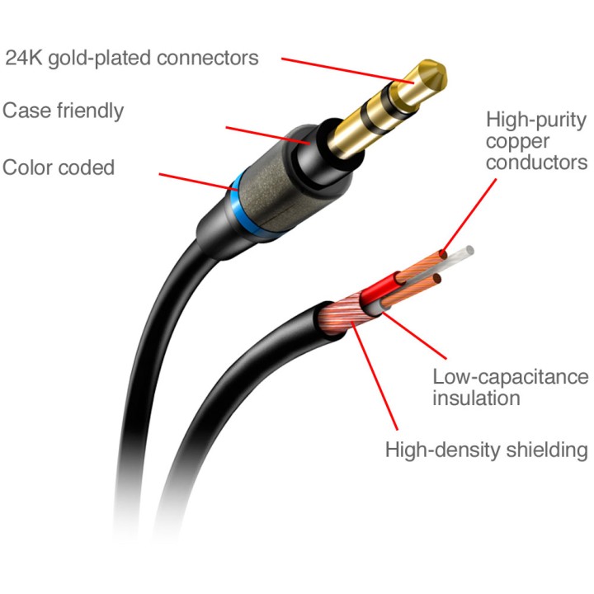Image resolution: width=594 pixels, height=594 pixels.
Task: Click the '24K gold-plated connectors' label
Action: pos(131,59)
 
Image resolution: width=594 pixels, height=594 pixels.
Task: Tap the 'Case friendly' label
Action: pos(63,111)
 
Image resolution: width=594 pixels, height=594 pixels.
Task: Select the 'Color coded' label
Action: pos(59,167)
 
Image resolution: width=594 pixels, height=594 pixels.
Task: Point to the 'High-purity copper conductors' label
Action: pos(536,141)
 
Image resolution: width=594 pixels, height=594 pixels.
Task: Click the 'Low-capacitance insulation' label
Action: pos(511,387)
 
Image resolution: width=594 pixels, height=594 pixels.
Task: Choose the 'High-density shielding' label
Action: pos(487,450)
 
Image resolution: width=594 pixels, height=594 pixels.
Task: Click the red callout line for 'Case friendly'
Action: pos(268,135)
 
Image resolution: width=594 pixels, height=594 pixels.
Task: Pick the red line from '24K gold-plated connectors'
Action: pos(348,70)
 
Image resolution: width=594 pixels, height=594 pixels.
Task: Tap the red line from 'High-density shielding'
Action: pos(375,375)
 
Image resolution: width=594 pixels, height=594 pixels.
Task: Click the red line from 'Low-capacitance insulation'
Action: pos(414,335)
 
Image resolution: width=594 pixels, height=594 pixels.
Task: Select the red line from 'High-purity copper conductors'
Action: pos(469,218)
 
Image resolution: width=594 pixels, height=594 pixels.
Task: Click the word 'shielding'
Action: pos(548,450)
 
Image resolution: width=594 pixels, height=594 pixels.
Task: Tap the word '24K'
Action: pos(24,58)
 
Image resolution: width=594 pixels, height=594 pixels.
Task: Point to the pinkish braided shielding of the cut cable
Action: pos(340,313)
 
